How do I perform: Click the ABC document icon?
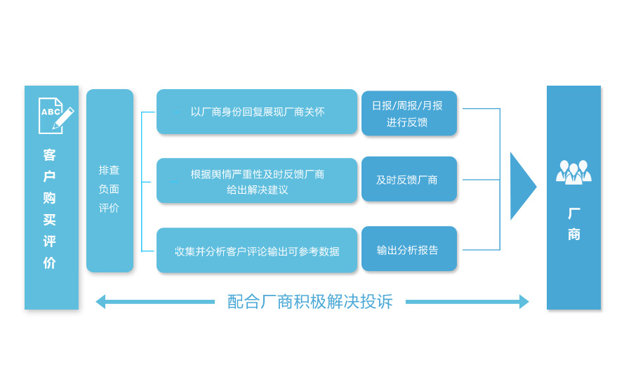(x=51, y=115)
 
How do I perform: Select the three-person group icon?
(x=573, y=172)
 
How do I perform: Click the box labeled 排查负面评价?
(x=109, y=180)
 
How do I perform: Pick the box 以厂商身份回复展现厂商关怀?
(x=257, y=112)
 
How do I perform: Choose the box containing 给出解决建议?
(x=257, y=180)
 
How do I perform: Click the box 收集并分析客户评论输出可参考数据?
(x=257, y=251)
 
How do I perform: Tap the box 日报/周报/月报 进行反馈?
(x=409, y=113)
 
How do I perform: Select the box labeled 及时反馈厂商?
(x=409, y=179)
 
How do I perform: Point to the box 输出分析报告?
(x=409, y=249)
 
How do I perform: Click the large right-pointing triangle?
(x=522, y=186)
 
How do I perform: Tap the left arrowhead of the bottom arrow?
(x=100, y=302)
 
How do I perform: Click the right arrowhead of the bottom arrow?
(x=524, y=302)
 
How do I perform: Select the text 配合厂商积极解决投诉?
(x=310, y=302)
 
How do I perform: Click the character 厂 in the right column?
(x=573, y=213)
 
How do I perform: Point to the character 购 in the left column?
(x=49, y=198)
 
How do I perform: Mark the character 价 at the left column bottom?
(x=49, y=263)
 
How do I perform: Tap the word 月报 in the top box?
(x=432, y=105)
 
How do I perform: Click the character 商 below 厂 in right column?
(x=573, y=234)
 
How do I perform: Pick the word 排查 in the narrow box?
(x=109, y=170)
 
